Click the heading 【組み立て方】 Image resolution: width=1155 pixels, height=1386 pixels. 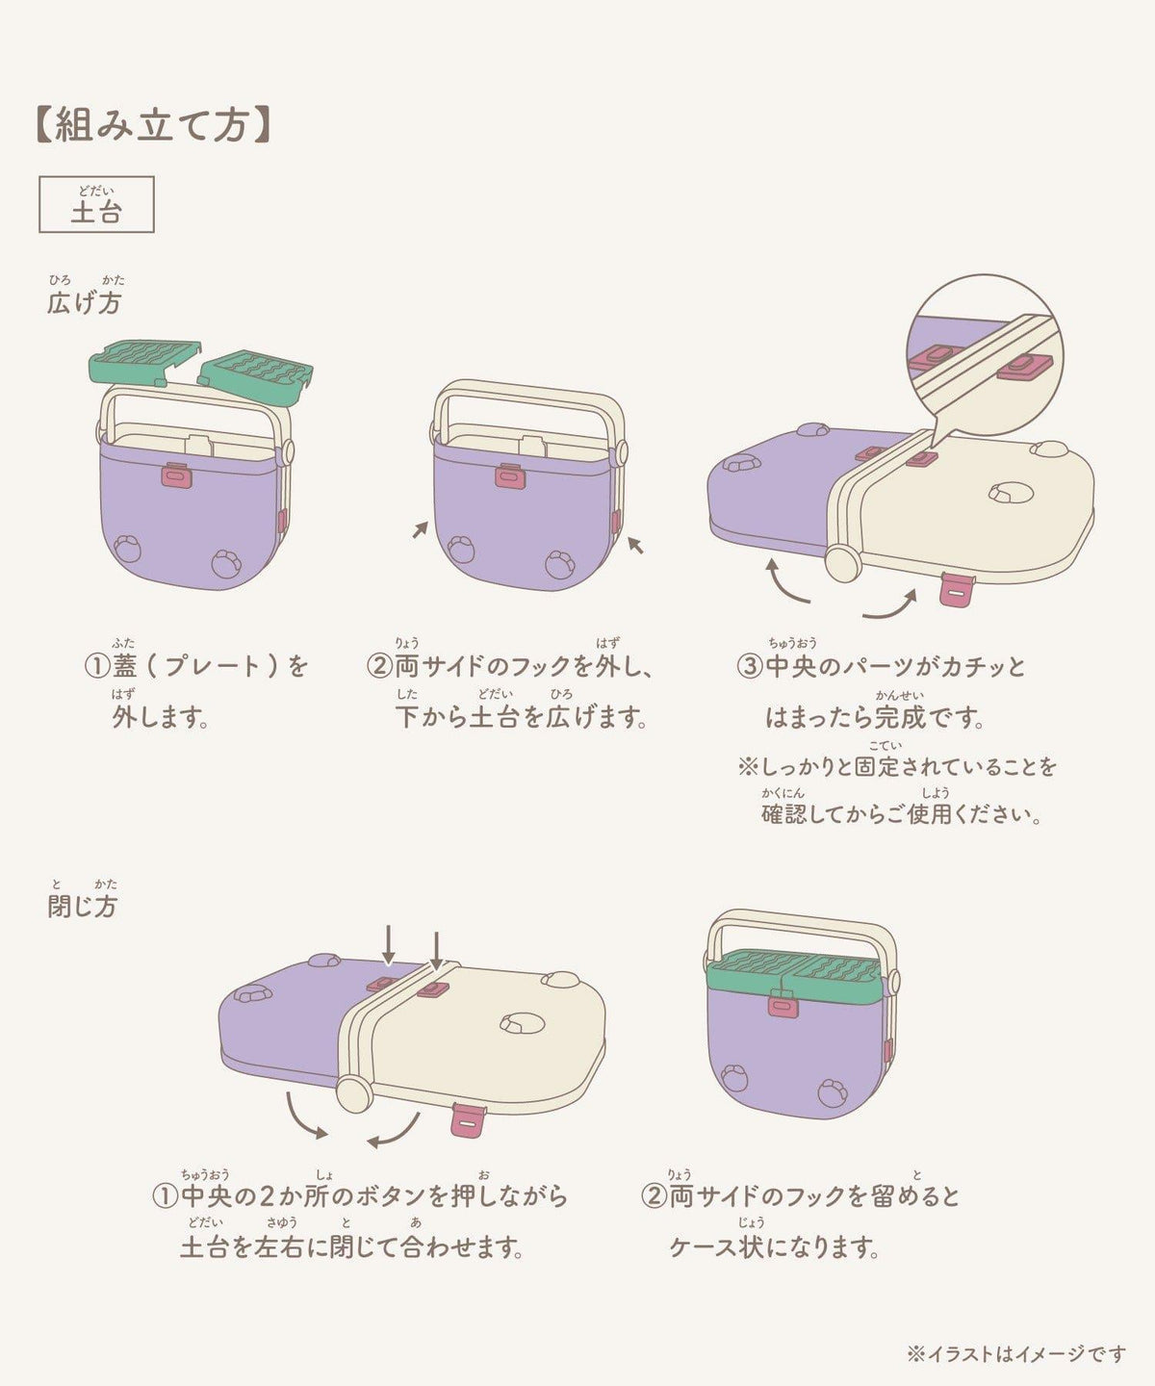click(152, 125)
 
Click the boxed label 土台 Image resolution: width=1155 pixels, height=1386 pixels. click(96, 204)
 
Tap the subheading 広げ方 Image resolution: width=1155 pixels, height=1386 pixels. click(85, 302)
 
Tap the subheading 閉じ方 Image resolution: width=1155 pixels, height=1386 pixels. click(83, 907)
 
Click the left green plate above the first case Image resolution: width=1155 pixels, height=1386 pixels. click(144, 363)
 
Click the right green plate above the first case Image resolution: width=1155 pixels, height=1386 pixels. click(256, 374)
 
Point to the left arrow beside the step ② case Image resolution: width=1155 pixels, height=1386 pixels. click(421, 529)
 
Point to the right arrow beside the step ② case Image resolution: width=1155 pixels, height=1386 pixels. click(635, 545)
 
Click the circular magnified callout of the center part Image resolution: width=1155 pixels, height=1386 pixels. click(985, 354)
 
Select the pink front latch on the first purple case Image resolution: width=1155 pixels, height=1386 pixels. click(177, 475)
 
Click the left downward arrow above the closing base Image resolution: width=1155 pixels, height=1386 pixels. click(389, 947)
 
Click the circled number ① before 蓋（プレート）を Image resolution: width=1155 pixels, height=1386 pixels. click(96, 666)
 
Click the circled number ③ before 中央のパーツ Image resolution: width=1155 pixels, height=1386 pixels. click(750, 666)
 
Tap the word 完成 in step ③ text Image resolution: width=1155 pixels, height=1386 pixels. click(899, 717)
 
